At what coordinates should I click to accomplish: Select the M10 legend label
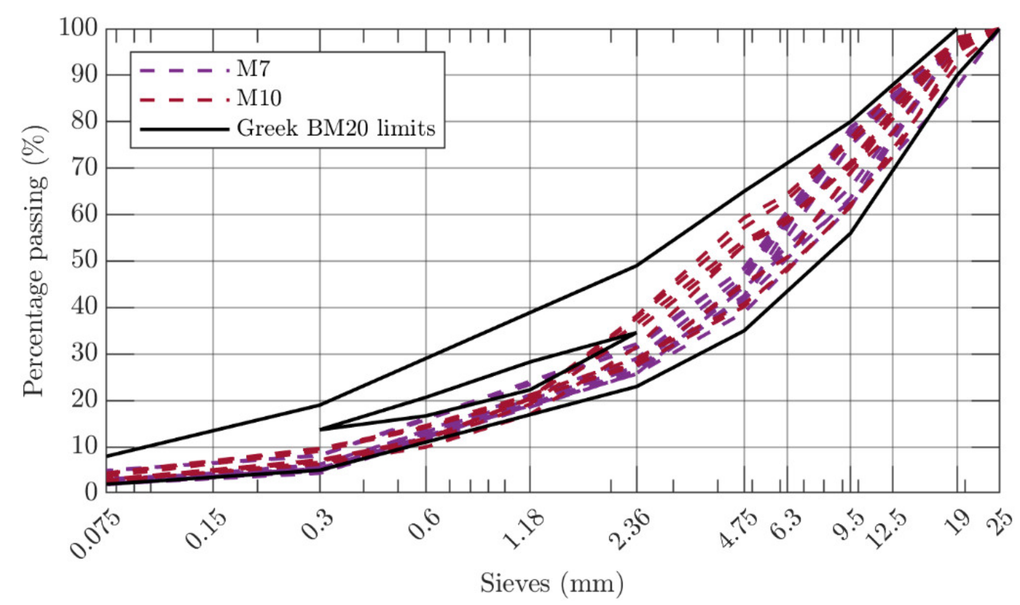(x=259, y=98)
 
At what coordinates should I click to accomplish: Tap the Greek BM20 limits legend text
(x=336, y=128)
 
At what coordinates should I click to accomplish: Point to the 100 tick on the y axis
(x=84, y=29)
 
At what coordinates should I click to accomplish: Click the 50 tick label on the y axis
(x=84, y=261)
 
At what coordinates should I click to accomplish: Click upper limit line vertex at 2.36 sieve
(x=637, y=265)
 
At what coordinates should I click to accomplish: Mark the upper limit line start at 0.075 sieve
(x=107, y=456)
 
